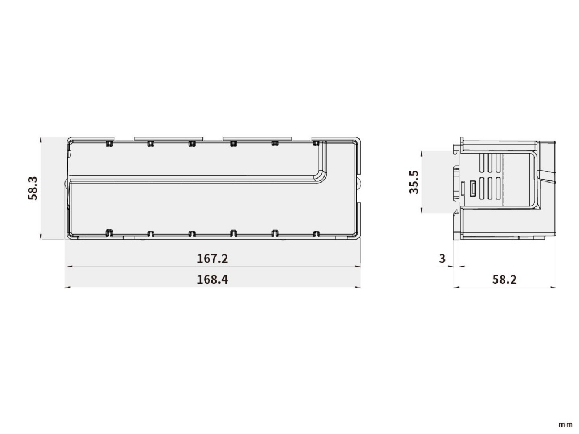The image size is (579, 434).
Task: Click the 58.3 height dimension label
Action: point(33,188)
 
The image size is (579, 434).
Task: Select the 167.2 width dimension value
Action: point(213,258)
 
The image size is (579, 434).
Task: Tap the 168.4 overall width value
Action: point(213,279)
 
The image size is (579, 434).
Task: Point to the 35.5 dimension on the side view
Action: point(414,182)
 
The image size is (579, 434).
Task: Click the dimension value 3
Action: point(442,259)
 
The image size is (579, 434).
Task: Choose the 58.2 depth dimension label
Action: point(504,279)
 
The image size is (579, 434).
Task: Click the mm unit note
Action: point(565,425)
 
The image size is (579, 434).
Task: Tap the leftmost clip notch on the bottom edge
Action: point(109,233)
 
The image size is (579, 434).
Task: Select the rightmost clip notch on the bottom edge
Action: point(316,233)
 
